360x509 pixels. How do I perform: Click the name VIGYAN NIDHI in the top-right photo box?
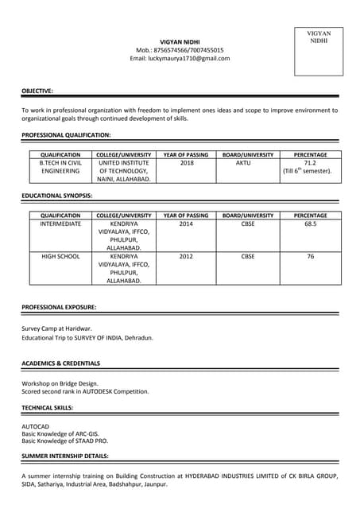point(319,37)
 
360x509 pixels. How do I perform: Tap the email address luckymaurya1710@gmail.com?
point(180,58)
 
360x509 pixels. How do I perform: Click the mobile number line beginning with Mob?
point(180,50)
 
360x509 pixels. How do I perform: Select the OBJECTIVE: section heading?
point(37,91)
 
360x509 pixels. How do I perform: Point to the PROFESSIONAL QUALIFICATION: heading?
point(66,135)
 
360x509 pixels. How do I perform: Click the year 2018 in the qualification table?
point(186,162)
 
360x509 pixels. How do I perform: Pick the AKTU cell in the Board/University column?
point(243,162)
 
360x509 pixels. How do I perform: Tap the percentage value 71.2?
point(310,162)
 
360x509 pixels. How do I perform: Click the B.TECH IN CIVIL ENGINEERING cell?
point(60,166)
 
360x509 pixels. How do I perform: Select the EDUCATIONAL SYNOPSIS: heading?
point(57,195)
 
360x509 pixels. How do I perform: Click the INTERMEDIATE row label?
point(60,224)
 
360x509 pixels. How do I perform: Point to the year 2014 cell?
point(186,224)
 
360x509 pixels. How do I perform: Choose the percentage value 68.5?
point(310,224)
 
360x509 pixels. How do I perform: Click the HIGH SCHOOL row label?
point(60,256)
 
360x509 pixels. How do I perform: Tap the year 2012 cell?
point(186,256)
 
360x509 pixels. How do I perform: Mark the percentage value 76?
point(310,256)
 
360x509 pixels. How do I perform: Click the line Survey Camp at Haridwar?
point(56,328)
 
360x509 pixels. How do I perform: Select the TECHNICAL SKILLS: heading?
point(48,407)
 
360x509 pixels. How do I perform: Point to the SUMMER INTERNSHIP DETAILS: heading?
point(65,456)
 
